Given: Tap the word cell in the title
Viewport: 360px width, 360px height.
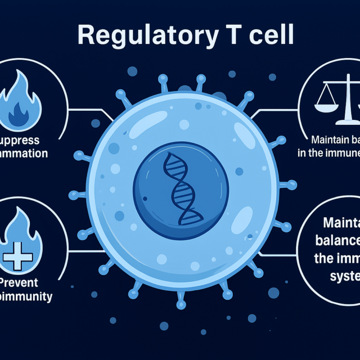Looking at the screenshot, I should click(269, 35).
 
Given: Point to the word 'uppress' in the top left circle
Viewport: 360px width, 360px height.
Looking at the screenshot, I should click(22, 139).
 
